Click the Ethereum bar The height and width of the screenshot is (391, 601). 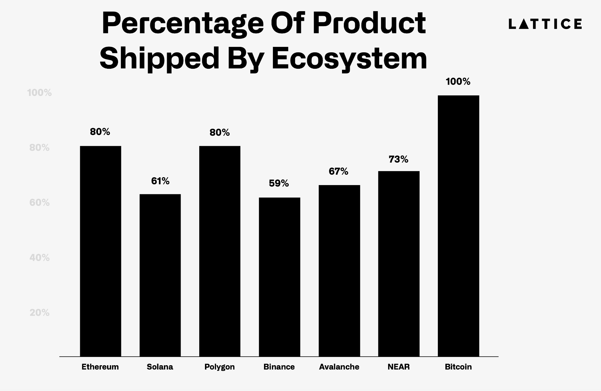click(x=101, y=251)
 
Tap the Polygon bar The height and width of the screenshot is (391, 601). click(x=220, y=251)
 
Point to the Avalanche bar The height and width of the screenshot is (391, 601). click(x=339, y=270)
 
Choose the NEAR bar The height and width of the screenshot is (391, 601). click(x=399, y=264)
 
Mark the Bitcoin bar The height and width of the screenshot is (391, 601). click(x=458, y=226)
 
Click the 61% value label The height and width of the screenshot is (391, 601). click(x=160, y=181)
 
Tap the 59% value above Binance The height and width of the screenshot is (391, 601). click(x=279, y=183)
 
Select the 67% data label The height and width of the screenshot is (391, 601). click(x=338, y=172)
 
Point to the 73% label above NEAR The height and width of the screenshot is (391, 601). click(x=399, y=159)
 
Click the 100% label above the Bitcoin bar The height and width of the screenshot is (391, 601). click(x=458, y=82)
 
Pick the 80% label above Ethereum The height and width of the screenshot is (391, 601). click(x=100, y=132)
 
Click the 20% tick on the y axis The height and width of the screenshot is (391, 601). click(x=39, y=313)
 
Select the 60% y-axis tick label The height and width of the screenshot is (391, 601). click(x=39, y=203)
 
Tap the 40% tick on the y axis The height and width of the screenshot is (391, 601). click(x=39, y=258)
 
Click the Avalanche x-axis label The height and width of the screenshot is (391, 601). click(x=339, y=367)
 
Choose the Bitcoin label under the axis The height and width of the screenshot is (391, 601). click(x=458, y=367)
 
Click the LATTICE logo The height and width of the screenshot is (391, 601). click(x=545, y=24)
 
